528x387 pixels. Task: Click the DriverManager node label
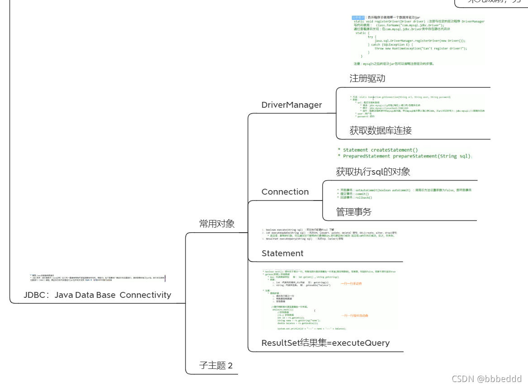click(291, 105)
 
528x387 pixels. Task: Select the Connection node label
click(285, 192)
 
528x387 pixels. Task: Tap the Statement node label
click(282, 253)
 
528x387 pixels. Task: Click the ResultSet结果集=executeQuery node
click(325, 343)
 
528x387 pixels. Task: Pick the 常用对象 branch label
click(217, 224)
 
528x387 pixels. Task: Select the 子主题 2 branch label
click(216, 366)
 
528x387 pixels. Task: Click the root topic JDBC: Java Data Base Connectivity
click(97, 295)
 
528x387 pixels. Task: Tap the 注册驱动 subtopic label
click(367, 78)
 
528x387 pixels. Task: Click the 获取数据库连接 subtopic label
click(380, 131)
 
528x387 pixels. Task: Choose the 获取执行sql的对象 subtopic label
click(373, 172)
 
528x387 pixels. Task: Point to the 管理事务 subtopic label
click(353, 212)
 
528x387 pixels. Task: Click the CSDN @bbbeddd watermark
click(480, 378)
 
